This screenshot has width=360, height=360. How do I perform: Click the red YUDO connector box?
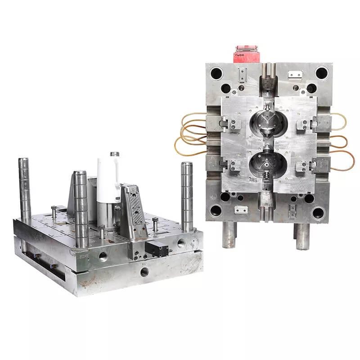[246, 54]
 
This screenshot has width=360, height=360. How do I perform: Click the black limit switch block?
[156, 247]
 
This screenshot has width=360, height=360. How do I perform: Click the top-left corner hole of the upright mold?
[216, 72]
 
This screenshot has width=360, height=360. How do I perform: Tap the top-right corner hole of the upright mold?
[321, 72]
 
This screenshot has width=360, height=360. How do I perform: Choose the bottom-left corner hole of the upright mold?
[216, 210]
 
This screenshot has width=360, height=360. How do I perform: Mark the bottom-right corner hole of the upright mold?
[319, 212]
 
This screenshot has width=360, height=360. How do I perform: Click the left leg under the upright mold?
[229, 234]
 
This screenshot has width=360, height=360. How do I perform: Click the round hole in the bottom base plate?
[144, 272]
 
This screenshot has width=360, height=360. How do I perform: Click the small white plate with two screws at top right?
[295, 74]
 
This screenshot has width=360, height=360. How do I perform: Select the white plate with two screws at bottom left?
[241, 209]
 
